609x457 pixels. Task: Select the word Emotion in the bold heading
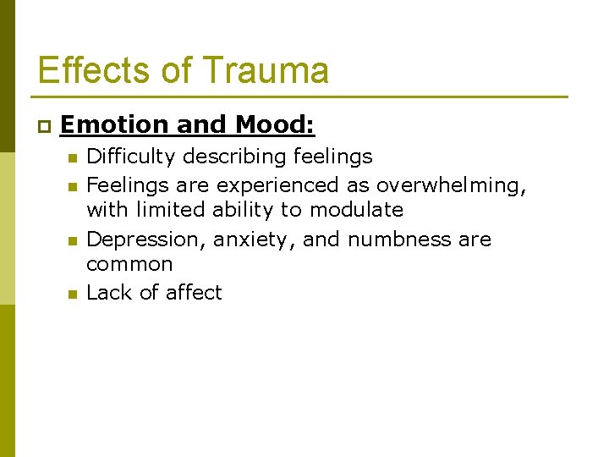pos(114,125)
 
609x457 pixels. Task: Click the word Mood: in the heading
pos(275,125)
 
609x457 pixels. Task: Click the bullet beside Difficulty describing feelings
pos(73,157)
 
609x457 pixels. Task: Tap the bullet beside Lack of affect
pos(73,294)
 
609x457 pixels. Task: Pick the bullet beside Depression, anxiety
pos(73,240)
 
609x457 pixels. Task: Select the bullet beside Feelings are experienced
pos(73,184)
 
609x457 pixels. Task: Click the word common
pos(129,264)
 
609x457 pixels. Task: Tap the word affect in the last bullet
pos(192,292)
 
